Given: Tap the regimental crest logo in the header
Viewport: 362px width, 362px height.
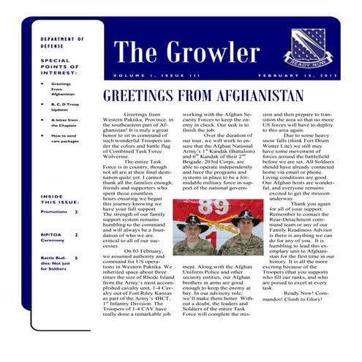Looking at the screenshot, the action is click(x=307, y=45).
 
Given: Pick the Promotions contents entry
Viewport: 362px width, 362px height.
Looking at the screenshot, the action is click(x=53, y=211).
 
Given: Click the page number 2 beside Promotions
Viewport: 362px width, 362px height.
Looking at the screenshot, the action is click(x=76, y=211).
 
